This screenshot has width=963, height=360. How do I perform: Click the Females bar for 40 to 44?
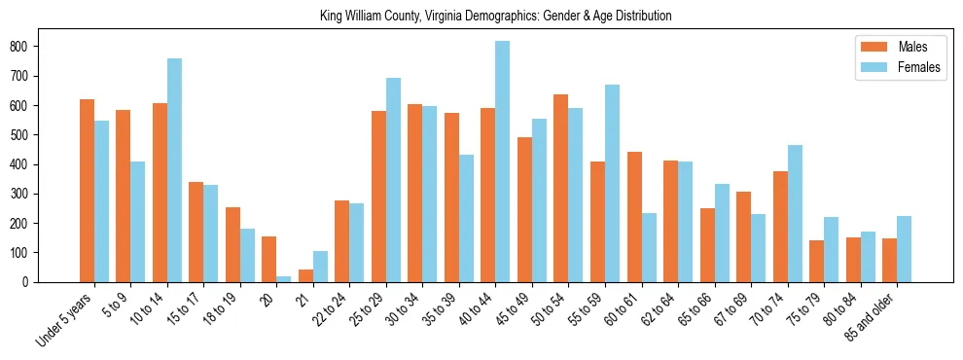pyautogui.click(x=502, y=162)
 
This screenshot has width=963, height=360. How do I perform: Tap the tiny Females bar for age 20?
pyautogui.click(x=283, y=278)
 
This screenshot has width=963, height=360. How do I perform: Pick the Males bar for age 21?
pyautogui.click(x=305, y=275)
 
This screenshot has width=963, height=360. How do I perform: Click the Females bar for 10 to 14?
pyautogui.click(x=174, y=170)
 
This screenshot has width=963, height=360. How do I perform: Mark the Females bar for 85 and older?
pyautogui.click(x=904, y=249)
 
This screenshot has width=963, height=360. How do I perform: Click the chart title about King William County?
pyautogui.click(x=495, y=17)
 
